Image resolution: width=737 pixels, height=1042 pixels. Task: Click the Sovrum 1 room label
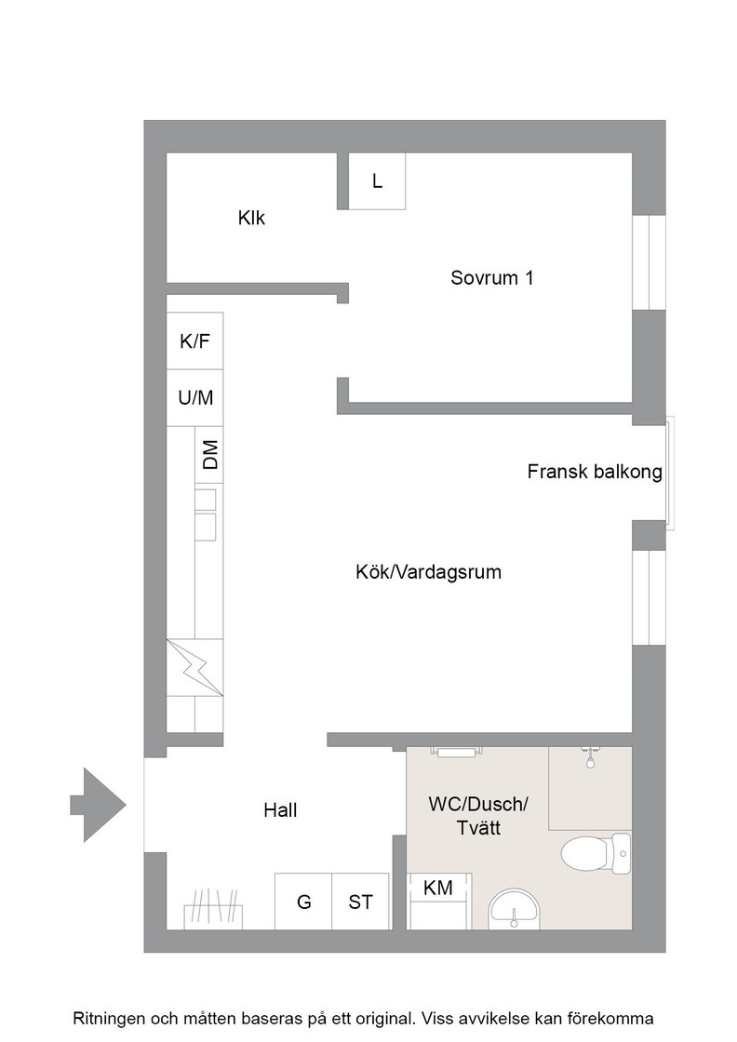tap(491, 278)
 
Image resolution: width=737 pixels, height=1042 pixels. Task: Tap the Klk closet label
tap(251, 218)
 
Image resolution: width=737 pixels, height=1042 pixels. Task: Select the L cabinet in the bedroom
tap(377, 181)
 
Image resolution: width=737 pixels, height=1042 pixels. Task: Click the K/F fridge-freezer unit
tap(194, 341)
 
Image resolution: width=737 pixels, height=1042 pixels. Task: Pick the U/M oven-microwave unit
tap(194, 397)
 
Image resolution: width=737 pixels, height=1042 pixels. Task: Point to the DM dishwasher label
tap(210, 455)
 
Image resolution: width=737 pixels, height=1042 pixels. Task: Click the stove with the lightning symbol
tap(194, 667)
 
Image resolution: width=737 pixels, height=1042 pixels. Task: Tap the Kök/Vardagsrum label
tap(429, 572)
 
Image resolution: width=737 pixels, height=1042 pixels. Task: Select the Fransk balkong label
tap(595, 472)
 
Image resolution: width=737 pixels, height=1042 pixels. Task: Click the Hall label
tap(280, 810)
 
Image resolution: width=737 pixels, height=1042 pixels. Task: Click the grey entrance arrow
tap(99, 805)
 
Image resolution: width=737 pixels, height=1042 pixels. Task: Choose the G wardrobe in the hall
tap(303, 902)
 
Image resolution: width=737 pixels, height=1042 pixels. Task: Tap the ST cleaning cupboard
tap(361, 902)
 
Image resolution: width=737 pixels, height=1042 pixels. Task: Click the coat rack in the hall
tap(213, 908)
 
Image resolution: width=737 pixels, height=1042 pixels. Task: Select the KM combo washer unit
tap(438, 902)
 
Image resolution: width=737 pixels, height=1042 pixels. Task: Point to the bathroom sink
tap(515, 909)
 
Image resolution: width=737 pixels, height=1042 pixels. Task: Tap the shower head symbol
tap(589, 757)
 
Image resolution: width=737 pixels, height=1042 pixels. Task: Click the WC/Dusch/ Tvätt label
tap(478, 816)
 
